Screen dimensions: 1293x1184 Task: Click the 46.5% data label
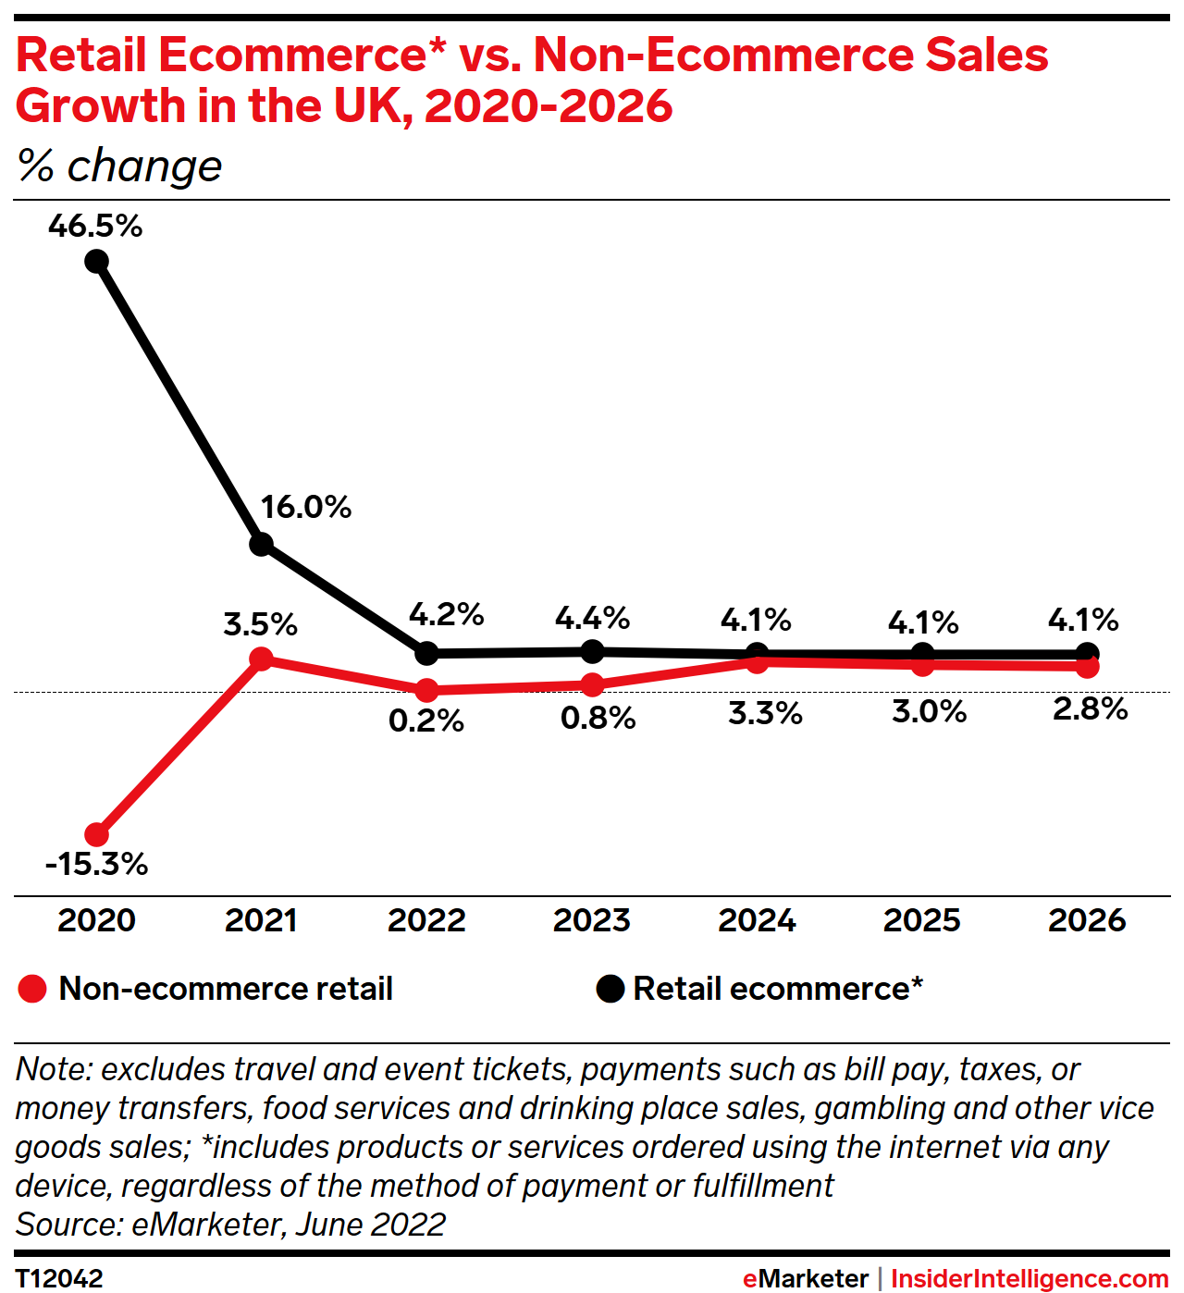pos(95,227)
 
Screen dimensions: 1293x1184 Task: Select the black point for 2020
pos(96,262)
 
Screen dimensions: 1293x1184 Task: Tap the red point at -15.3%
pos(96,835)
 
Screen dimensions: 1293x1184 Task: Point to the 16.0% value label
pos(305,508)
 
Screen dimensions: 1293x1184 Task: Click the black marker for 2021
pos(262,544)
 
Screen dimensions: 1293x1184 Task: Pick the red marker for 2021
pos(262,659)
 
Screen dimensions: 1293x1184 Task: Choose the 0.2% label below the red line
pos(425,721)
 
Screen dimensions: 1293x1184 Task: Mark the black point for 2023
pos(592,651)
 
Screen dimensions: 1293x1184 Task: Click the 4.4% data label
pos(592,618)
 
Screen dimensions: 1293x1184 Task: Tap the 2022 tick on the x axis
pos(426,921)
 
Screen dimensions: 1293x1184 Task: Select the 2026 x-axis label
pos(1087,921)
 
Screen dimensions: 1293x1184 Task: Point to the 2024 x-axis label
pos(757,921)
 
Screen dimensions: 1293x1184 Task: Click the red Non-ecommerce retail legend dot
pos(32,990)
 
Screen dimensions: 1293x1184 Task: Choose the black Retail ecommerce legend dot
pos(610,990)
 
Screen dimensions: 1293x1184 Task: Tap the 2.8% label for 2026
pos(1090,709)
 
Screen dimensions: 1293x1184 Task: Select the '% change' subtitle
pos(119,166)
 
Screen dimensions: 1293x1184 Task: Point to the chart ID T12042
pos(59,1278)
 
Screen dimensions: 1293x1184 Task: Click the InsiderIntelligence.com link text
pos(1030,1279)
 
